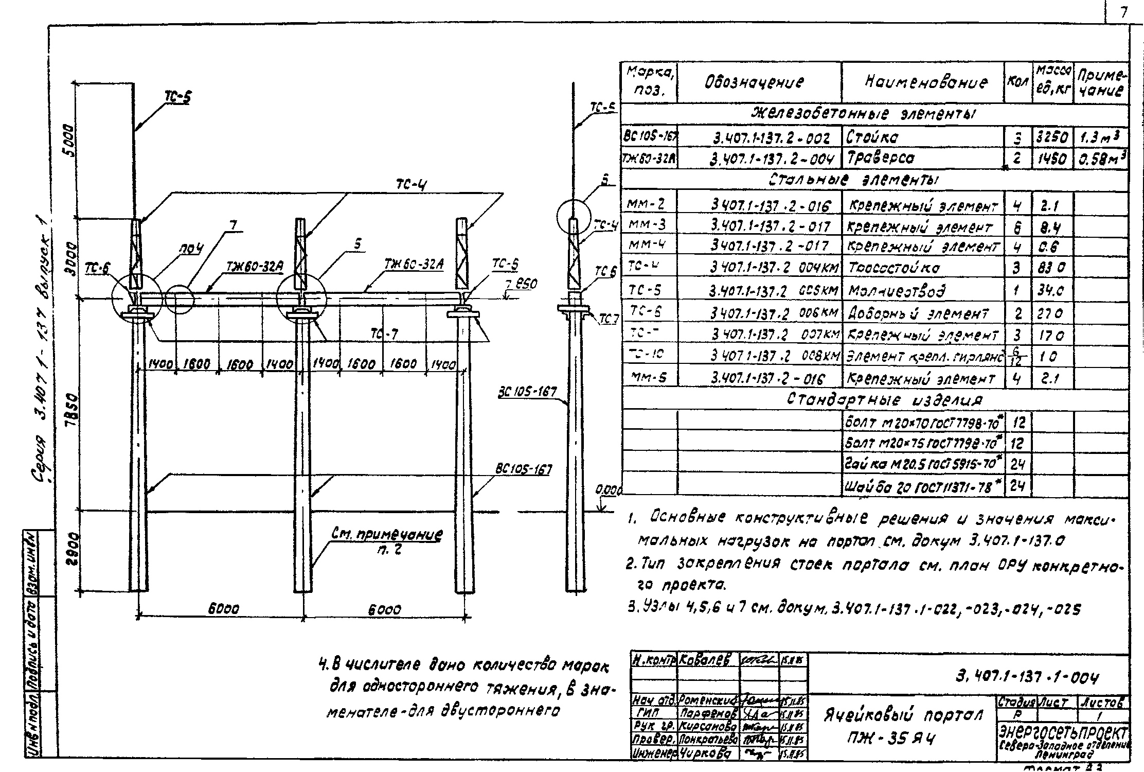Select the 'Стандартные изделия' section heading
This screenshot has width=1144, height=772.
point(884,400)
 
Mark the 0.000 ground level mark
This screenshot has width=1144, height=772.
point(609,490)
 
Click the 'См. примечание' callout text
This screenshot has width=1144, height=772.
point(386,535)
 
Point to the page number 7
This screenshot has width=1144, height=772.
point(1123,12)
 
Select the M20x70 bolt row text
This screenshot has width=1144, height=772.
point(922,423)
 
